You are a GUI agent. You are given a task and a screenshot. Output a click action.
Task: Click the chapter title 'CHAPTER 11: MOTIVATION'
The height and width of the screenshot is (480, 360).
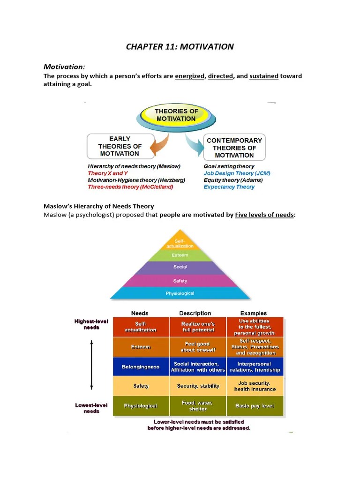pos(180,46)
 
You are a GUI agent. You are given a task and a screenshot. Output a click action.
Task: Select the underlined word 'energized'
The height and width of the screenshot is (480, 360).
pos(190,76)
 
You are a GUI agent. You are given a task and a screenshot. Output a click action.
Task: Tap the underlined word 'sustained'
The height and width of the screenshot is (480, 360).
pos(264,76)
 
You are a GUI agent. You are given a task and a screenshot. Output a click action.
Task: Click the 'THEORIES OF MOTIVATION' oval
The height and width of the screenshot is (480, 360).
pos(176,115)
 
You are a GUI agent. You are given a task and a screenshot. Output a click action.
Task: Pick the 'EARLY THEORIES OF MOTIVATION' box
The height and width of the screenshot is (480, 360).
pos(120,146)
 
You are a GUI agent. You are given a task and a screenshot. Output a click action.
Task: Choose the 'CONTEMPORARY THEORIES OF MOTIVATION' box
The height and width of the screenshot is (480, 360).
pos(234,148)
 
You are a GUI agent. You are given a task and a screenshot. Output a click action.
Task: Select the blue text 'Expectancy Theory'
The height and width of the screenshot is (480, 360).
pos(229,187)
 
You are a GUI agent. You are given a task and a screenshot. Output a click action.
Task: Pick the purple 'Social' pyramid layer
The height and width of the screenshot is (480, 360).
pos(180,267)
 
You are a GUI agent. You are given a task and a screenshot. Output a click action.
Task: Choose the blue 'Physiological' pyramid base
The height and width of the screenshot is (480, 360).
pos(180,293)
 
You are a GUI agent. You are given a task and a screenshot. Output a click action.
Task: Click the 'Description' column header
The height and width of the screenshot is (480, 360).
pos(195,313)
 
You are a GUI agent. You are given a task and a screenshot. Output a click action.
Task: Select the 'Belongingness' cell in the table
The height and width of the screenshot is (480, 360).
pos(141,367)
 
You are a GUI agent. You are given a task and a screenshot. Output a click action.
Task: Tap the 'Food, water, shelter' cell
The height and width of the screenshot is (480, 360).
pos(198,406)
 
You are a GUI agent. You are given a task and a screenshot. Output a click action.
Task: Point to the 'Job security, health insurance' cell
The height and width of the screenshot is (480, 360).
pos(255,386)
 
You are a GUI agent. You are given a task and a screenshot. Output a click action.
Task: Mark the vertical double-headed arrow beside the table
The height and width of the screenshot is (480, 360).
pos(92,365)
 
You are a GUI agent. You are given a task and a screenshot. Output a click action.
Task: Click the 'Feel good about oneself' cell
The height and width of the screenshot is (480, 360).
pos(198,347)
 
